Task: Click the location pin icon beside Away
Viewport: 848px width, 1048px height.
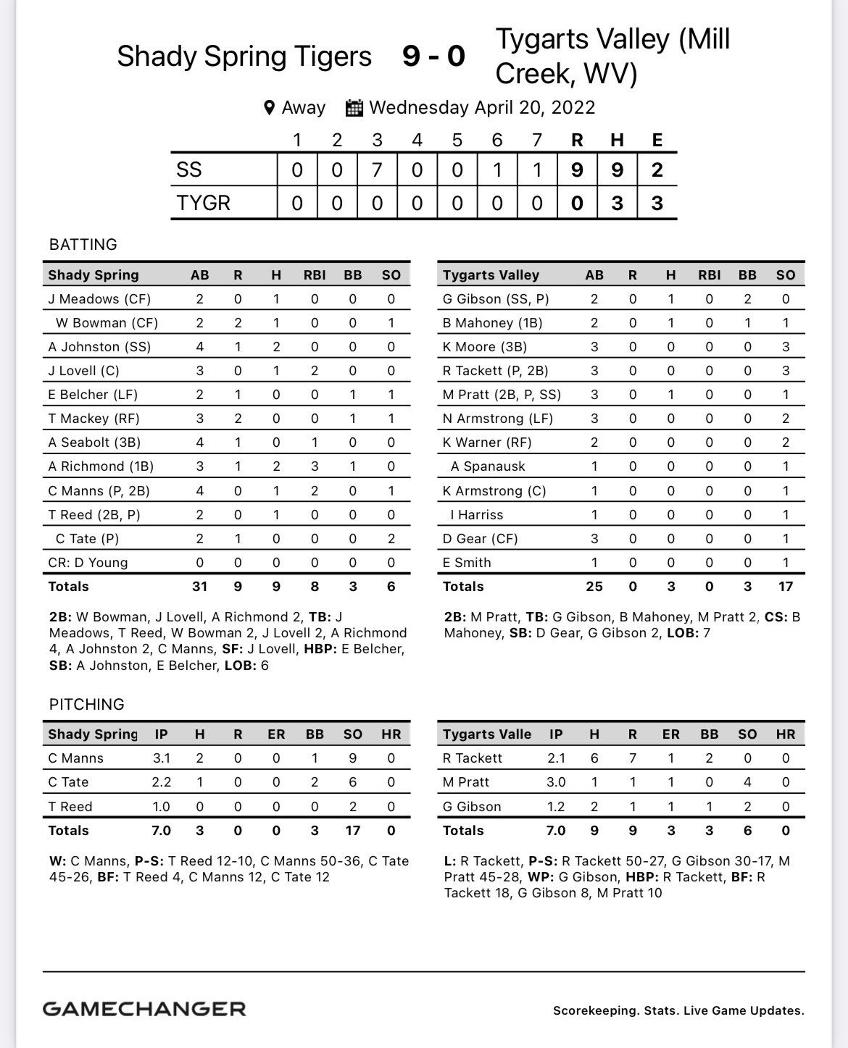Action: tap(269, 108)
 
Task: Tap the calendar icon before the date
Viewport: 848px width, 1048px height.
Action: tap(354, 108)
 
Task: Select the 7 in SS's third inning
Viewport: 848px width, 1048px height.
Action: tap(377, 170)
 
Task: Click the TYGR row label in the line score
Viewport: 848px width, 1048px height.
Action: tap(203, 203)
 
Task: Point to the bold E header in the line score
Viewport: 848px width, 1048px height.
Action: tap(657, 140)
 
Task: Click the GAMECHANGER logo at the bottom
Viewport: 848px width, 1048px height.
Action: tap(144, 1009)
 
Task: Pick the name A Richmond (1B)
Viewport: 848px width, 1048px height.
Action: tap(101, 466)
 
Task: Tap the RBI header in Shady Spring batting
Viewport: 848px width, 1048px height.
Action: tap(315, 275)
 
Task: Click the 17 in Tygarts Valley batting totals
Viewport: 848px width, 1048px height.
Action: tap(786, 587)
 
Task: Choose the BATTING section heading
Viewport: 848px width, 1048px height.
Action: tap(83, 245)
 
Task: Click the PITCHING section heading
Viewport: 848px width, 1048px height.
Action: tap(87, 704)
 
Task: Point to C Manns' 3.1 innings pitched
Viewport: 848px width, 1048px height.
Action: tap(161, 758)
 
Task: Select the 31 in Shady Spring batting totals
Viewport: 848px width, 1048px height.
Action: tap(199, 587)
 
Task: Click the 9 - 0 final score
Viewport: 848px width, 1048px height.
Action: tap(433, 56)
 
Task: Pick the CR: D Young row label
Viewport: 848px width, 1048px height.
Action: tap(88, 563)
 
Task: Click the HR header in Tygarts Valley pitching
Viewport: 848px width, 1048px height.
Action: tap(786, 734)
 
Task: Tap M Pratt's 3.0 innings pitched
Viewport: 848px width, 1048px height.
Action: tap(556, 782)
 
